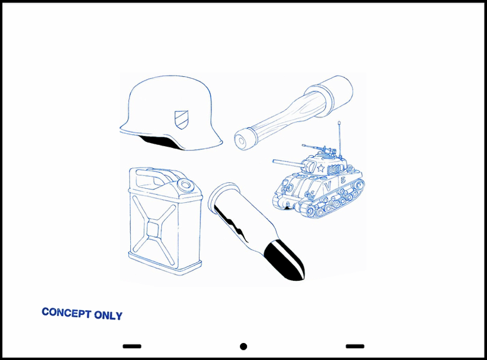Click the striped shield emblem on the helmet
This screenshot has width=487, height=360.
[x=181, y=121]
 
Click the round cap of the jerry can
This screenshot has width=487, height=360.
[x=186, y=185]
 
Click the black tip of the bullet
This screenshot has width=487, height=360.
[x=285, y=261]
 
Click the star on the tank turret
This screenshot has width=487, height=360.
[x=321, y=169]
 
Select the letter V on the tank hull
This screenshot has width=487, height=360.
[x=328, y=187]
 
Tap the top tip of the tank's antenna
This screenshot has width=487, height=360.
[x=339, y=122]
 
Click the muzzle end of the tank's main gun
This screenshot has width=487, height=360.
[x=274, y=161]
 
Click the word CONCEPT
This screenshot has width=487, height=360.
[x=66, y=312]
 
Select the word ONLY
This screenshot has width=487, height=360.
[x=108, y=316]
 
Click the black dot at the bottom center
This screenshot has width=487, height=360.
[x=243, y=347]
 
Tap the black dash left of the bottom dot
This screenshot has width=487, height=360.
[x=132, y=346]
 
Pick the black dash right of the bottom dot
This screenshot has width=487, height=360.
[x=355, y=346]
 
